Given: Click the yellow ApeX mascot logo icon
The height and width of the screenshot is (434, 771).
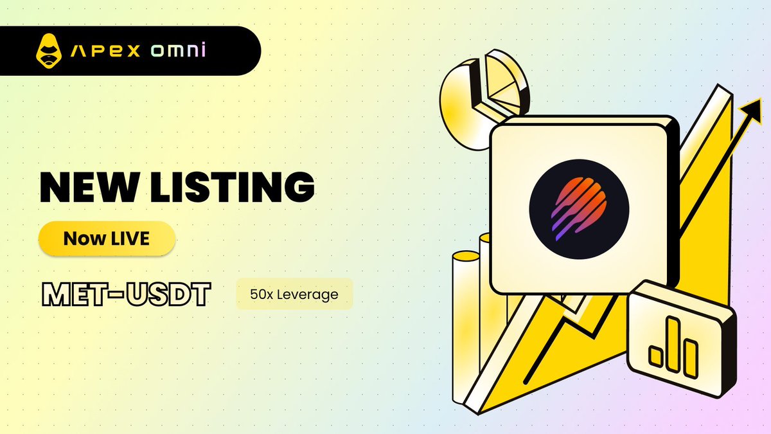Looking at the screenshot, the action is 49,51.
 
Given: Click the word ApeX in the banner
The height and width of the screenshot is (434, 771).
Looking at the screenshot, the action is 105,51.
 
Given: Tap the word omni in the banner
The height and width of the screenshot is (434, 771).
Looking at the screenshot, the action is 179,50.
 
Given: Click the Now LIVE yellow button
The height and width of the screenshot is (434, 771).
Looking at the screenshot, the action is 107,239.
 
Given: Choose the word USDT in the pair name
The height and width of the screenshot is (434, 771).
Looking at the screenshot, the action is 168,294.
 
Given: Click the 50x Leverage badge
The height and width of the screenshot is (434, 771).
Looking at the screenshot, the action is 295,294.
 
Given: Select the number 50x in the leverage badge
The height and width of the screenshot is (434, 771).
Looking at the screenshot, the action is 261,294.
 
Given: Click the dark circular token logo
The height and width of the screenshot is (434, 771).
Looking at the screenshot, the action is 579,209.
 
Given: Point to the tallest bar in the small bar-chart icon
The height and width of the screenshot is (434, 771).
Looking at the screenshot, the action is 673,345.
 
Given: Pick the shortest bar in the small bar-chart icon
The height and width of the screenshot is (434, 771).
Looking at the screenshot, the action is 656,356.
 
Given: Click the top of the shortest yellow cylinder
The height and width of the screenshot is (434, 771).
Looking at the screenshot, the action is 466,257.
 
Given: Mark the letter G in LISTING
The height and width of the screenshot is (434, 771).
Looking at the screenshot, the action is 299,187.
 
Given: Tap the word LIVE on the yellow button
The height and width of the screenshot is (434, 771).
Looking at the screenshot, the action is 130,239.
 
